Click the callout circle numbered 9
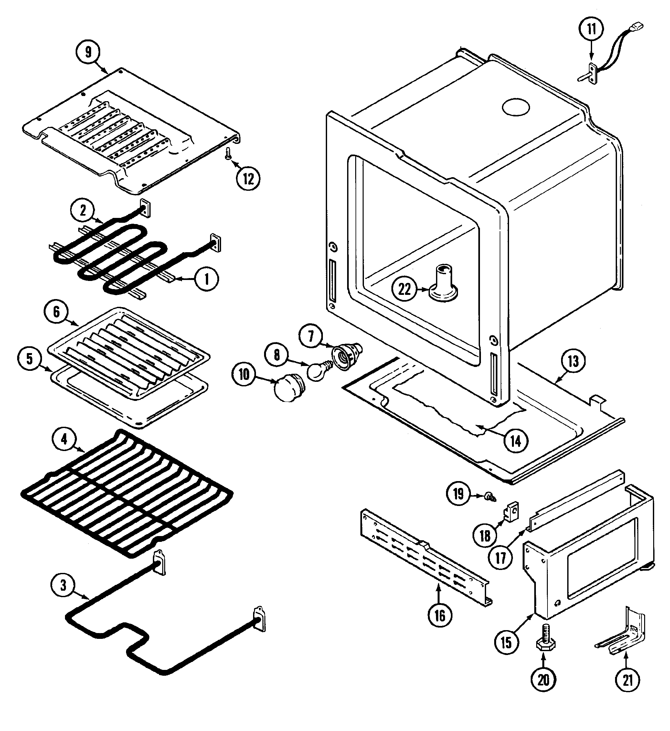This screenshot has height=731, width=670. tap(88, 52)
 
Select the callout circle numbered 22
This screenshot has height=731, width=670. tap(404, 289)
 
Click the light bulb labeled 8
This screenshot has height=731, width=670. tap(318, 371)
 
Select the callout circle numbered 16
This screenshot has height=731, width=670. tap(440, 615)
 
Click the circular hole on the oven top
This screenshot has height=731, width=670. tap(516, 107)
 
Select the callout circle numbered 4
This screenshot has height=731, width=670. tap(64, 439)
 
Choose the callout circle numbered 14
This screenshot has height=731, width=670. tap(516, 441)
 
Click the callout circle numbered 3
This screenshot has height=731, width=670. tap(63, 585)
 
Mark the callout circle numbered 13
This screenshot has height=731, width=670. tap(573, 361)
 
